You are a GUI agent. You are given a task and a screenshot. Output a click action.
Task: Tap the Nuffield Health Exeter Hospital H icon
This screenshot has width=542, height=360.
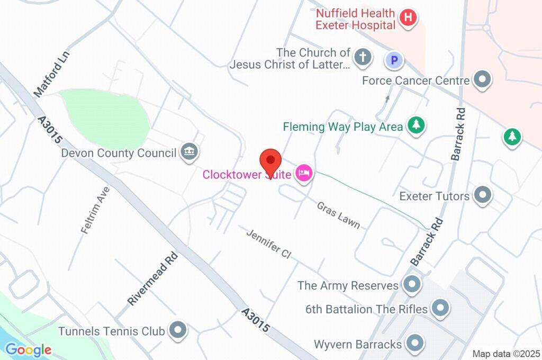pyautogui.click(x=408, y=17)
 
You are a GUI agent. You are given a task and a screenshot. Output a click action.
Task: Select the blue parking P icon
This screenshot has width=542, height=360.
pyautogui.click(x=394, y=60)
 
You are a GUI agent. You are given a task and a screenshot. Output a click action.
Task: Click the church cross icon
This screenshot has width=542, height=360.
pyautogui.click(x=363, y=58)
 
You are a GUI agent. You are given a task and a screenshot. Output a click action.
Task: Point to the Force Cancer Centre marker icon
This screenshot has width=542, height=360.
pyautogui.click(x=482, y=80)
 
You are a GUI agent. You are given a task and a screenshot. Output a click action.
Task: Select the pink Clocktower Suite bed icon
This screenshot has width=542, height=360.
pyautogui.click(x=303, y=173)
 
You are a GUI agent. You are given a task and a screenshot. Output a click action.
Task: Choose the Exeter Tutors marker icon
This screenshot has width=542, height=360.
pyautogui.click(x=482, y=195)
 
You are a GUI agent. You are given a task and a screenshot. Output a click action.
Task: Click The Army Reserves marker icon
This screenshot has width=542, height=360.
pyautogui.click(x=411, y=285)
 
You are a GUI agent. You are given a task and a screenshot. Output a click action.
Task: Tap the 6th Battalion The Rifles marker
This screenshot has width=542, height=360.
pyautogui.click(x=440, y=308)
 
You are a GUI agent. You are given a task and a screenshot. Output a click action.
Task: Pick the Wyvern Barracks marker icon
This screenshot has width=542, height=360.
pyautogui.click(x=414, y=344)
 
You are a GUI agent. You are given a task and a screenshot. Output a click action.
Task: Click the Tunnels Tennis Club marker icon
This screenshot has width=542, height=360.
pyautogui.click(x=178, y=331)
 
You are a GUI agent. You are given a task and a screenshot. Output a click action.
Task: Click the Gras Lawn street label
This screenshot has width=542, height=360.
pyautogui.click(x=338, y=214)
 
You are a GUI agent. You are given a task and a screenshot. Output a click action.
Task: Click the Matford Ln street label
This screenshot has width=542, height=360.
pyautogui.click(x=52, y=74)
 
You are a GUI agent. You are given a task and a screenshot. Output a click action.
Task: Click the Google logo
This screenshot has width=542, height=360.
pyautogui.click(x=28, y=349)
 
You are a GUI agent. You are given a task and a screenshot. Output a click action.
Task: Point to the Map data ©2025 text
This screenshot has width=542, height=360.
pyautogui.click(x=506, y=354)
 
